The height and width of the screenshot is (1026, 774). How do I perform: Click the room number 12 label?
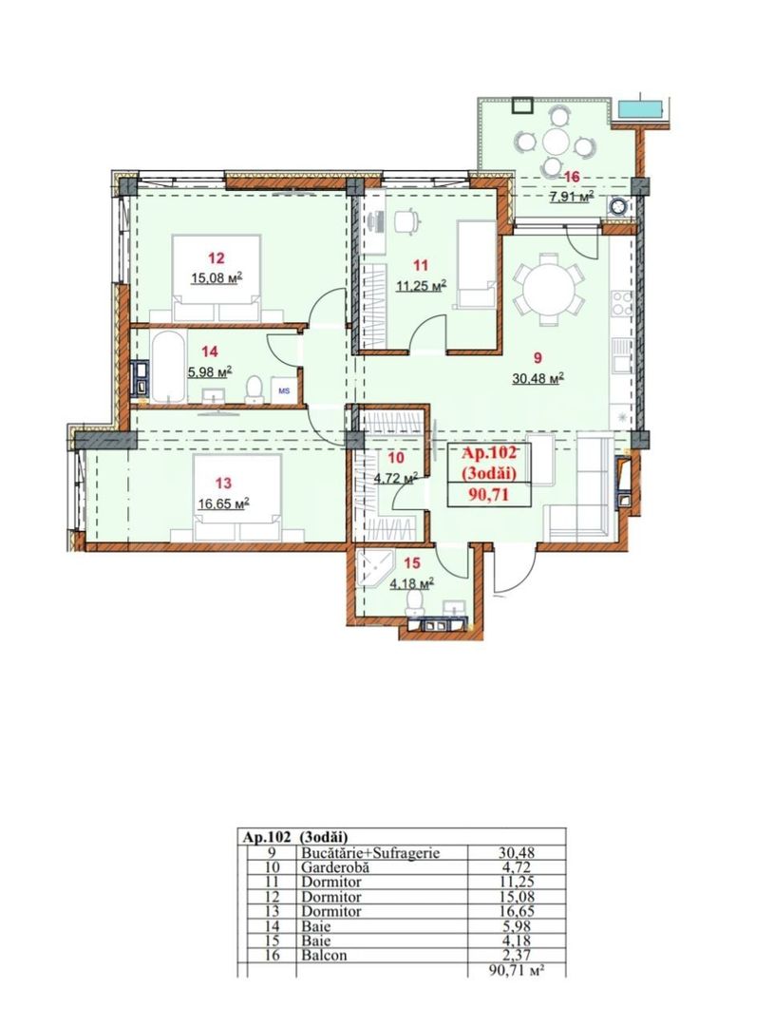(217, 257)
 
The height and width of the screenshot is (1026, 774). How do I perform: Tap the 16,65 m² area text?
(221, 503)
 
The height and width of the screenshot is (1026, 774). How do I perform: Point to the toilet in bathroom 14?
(254, 389)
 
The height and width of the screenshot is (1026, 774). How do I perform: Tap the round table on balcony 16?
(556, 142)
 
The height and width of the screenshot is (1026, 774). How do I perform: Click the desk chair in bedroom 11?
(406, 220)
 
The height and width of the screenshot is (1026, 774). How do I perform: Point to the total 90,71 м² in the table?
(519, 969)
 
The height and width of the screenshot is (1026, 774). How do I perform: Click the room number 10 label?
(396, 458)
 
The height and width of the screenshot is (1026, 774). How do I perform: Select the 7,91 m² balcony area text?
(571, 197)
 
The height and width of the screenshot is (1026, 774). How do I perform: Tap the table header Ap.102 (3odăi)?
(295, 837)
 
